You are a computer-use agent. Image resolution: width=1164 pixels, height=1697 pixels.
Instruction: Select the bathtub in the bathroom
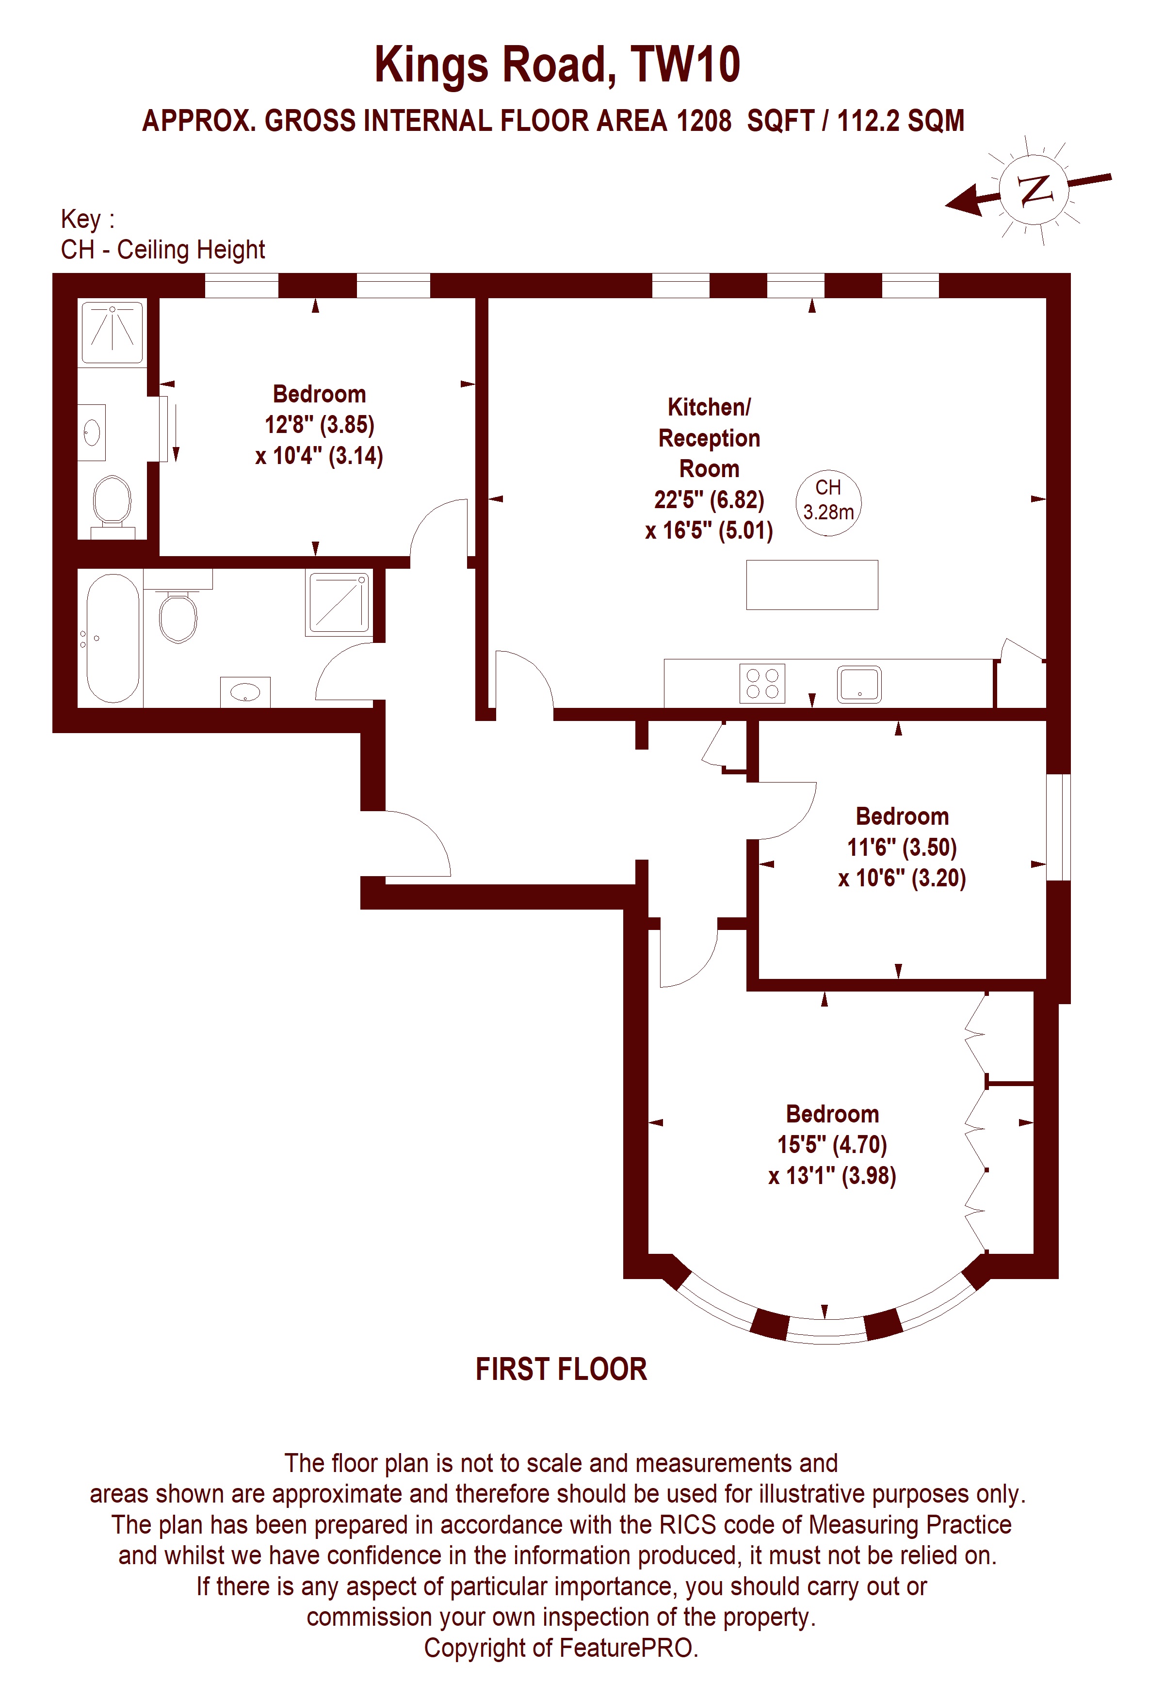pyautogui.click(x=113, y=638)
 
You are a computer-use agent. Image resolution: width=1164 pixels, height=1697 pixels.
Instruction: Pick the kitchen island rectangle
pyautogui.click(x=812, y=585)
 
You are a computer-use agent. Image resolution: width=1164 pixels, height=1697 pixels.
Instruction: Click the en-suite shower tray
pyautogui.click(x=113, y=332)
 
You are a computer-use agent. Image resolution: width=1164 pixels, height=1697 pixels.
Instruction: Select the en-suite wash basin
pyautogui.click(x=92, y=432)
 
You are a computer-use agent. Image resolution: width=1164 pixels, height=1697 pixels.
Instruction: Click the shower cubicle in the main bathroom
pyautogui.click(x=339, y=602)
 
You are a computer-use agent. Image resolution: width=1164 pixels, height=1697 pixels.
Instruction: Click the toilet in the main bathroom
pyautogui.click(x=178, y=612)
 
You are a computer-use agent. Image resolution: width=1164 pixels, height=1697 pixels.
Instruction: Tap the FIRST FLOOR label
pyautogui.click(x=562, y=1369)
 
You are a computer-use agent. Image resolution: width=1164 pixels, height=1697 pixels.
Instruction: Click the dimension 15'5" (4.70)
pyautogui.click(x=832, y=1144)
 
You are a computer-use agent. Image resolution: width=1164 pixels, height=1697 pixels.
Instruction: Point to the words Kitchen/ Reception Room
pyautogui.click(x=709, y=437)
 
